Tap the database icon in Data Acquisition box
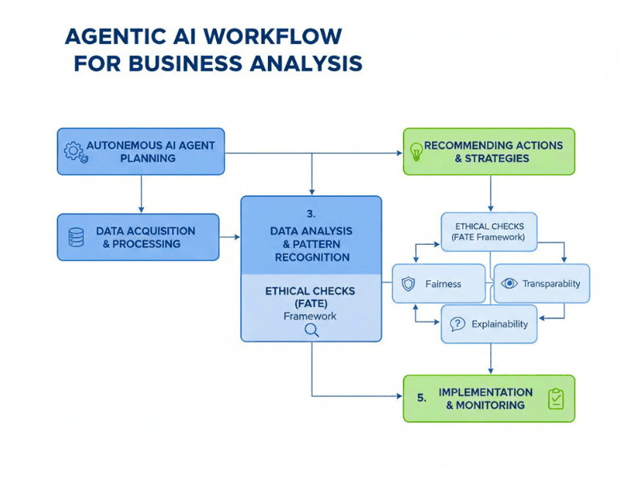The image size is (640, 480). [x=76, y=237]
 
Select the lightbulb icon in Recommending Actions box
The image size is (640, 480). [x=416, y=151]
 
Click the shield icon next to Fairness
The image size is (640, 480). [x=409, y=284]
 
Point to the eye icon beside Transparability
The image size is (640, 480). [x=509, y=283]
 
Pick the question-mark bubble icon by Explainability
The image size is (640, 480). [x=457, y=324]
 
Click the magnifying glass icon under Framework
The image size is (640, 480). [x=311, y=329]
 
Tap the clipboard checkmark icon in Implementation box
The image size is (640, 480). [x=555, y=398]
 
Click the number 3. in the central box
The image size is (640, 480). [x=311, y=214]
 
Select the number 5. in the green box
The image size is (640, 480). [x=422, y=394]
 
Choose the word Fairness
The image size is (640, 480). [x=443, y=284]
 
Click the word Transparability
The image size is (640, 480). [x=551, y=283]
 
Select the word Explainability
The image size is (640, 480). [x=499, y=324]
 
